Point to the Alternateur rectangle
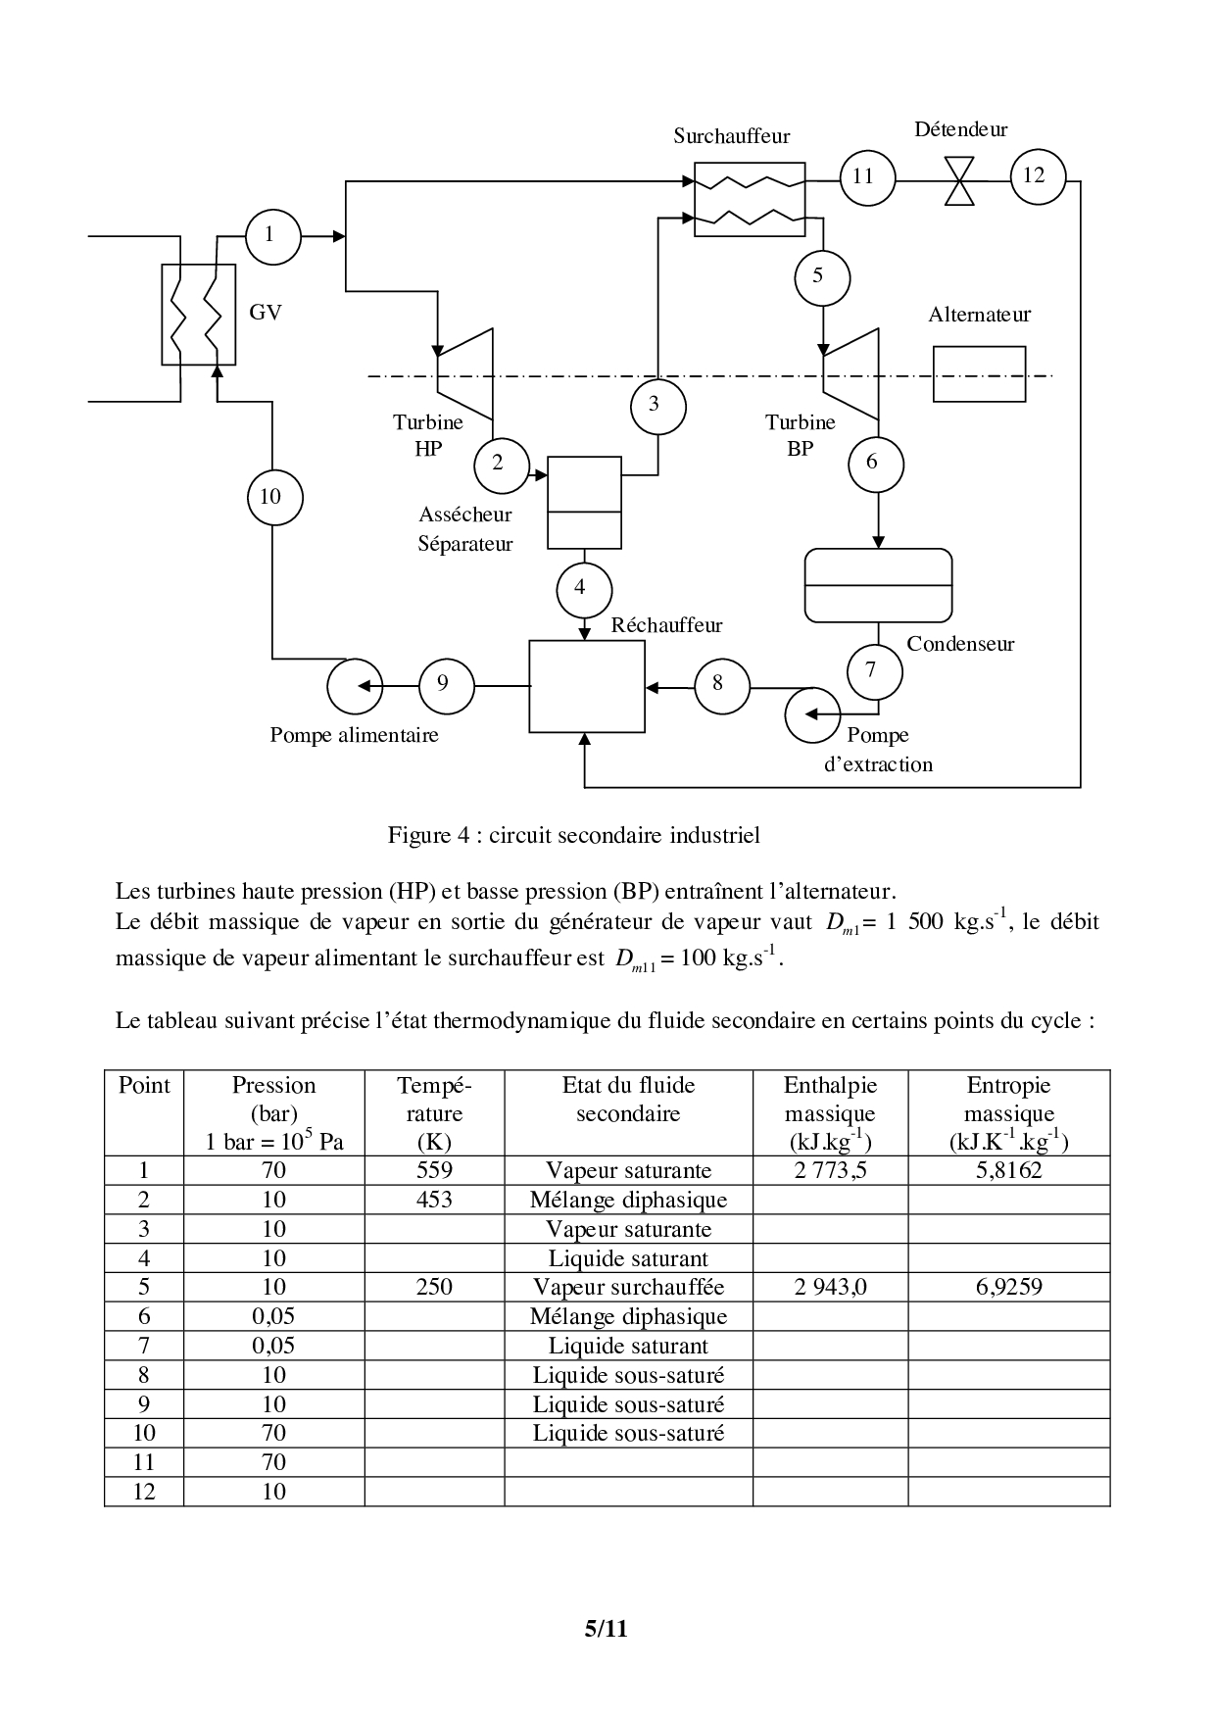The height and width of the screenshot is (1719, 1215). [x=979, y=373]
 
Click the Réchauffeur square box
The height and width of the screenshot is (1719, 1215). [x=587, y=686]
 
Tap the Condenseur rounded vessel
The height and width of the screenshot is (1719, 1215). [x=878, y=585]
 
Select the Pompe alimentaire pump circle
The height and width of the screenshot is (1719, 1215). [x=355, y=686]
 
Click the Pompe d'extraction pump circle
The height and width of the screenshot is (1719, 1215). [x=812, y=714]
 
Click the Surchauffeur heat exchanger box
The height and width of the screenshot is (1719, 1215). [x=750, y=199]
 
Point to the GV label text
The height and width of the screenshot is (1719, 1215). [x=266, y=313]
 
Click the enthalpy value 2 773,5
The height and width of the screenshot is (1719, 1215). [x=830, y=1170]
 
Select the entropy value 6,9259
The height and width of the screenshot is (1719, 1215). [x=1008, y=1287]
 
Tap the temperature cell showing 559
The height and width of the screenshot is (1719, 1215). [x=434, y=1170]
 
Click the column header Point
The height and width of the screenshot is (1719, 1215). [x=144, y=1086]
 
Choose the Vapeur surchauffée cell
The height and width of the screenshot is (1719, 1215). [x=628, y=1287]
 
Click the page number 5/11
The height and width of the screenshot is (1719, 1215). [x=606, y=1629]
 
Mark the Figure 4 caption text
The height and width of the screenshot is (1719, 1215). [x=574, y=835]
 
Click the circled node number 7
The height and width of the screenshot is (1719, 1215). [x=870, y=670]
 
